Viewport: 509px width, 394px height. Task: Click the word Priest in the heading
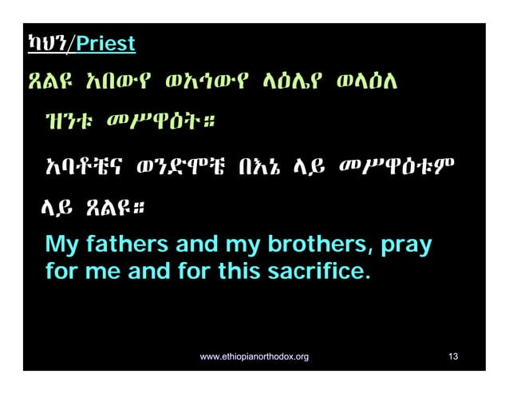tap(105, 43)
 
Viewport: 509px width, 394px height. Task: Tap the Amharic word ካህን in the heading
tap(47, 43)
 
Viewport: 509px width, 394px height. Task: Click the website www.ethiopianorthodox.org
tap(254, 356)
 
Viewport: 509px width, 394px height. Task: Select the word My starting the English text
tap(61, 244)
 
